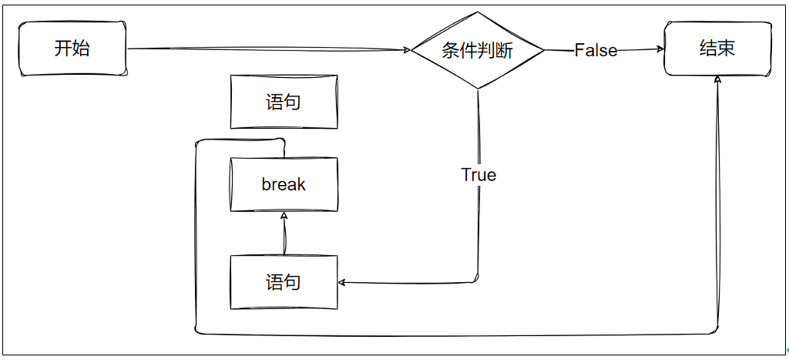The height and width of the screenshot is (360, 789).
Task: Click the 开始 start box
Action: pos(72,49)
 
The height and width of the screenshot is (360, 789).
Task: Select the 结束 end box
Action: pos(717,49)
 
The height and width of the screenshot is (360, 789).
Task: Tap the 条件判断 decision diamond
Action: pos(478,51)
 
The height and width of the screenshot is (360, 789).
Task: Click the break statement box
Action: pos(284,184)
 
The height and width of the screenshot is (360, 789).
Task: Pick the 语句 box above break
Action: pos(284,101)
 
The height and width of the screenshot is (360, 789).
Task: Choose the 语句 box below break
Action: pos(284,282)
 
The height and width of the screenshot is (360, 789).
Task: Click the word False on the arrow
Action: pos(596,51)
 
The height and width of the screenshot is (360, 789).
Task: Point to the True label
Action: pos(478,175)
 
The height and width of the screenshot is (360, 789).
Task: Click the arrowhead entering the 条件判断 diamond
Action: pos(408,51)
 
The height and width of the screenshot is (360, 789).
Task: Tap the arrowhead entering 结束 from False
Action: pos(660,49)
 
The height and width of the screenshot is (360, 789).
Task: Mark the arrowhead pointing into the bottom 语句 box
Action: pos(342,282)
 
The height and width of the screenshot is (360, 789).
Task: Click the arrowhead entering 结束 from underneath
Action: pos(717,79)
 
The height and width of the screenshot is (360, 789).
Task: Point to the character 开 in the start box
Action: pos(63,49)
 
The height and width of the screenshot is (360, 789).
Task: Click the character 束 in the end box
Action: pos(726,49)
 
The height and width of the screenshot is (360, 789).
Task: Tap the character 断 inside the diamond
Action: pos(505,51)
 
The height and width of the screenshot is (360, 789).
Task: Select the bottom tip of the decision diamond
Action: pos(478,89)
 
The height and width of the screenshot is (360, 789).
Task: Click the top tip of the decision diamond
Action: pos(478,13)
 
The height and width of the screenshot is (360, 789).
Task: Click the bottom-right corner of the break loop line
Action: pos(716,332)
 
